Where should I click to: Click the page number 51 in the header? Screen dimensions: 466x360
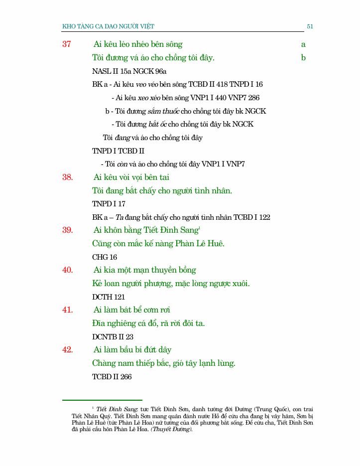[310, 26]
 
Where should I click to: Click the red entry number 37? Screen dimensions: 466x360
[67, 44]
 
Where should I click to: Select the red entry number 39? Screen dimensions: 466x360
[68, 230]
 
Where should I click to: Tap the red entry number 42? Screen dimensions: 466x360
[68, 350]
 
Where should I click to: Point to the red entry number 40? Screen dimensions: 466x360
[68, 270]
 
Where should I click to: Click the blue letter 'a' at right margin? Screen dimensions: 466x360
[303, 44]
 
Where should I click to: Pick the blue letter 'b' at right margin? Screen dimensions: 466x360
[303, 58]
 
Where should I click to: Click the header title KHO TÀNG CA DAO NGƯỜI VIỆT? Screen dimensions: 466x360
[112, 26]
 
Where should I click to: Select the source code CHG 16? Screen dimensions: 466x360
[105, 257]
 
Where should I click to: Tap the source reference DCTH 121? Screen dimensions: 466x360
[109, 297]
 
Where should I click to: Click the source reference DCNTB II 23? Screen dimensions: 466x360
[113, 337]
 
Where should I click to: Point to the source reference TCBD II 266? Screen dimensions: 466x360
[112, 377]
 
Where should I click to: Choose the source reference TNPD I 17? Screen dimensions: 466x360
[109, 204]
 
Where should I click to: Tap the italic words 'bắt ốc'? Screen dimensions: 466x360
[157, 124]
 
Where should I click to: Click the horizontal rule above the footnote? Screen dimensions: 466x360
[102, 400]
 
